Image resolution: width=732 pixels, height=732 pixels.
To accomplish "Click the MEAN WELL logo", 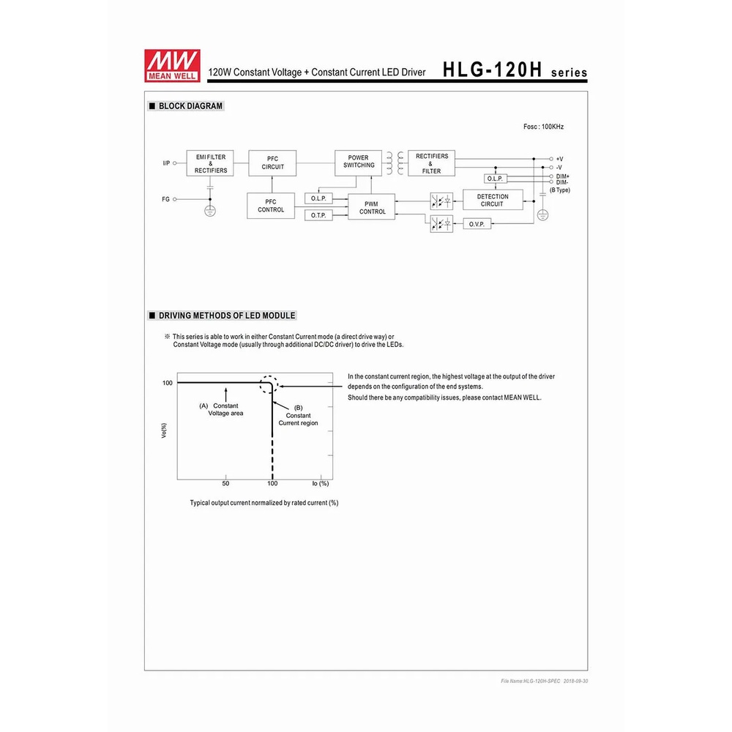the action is point(172,65).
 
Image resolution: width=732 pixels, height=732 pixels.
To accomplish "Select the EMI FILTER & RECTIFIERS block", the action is point(210,163).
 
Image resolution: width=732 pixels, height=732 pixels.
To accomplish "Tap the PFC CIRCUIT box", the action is point(272,163).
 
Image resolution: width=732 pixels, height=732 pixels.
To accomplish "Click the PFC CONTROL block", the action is point(271,206).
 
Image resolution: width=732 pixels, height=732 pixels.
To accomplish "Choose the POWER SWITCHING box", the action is point(358,163).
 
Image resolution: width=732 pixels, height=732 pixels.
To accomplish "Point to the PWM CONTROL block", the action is point(372,207).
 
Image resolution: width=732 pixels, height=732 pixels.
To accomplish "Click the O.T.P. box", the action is point(318,215).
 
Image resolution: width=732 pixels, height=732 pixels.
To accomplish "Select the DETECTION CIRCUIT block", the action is point(493,200).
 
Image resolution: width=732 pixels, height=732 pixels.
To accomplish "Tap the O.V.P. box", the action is point(477,224).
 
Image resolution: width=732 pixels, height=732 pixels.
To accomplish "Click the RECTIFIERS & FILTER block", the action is point(431,163).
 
